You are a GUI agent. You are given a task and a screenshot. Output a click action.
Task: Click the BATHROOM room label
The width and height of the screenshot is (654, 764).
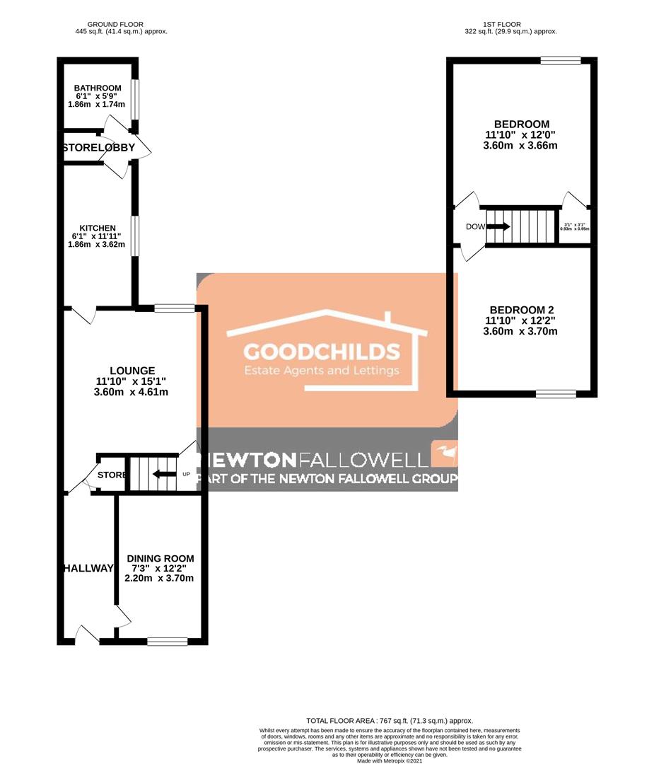pyautogui.click(x=98, y=88)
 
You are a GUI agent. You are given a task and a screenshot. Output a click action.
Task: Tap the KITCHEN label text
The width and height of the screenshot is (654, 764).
pyautogui.click(x=98, y=228)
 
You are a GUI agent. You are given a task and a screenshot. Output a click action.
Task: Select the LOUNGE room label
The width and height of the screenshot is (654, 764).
pyautogui.click(x=132, y=370)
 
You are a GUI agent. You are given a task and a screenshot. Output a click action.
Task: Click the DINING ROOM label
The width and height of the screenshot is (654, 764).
pyautogui.click(x=159, y=558)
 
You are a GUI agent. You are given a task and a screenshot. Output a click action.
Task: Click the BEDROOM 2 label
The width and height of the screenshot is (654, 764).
pyautogui.click(x=522, y=310)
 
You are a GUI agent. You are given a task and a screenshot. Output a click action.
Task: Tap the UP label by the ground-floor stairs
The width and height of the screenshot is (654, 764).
pyautogui.click(x=187, y=474)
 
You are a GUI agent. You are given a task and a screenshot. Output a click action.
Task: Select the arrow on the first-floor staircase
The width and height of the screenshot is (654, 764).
pyautogui.click(x=499, y=227)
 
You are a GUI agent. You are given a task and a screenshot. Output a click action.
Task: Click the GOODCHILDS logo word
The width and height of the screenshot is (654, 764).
pyautogui.click(x=322, y=352)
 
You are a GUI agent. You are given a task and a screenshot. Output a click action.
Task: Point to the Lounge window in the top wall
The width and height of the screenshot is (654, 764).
pyautogui.click(x=174, y=308)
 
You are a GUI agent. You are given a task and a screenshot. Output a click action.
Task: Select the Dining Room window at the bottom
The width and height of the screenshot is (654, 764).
pyautogui.click(x=168, y=642)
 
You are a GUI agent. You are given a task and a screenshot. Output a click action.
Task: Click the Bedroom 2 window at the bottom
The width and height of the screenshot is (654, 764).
pyautogui.click(x=556, y=394)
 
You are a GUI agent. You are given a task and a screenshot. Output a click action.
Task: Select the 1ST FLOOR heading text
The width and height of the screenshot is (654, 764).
pyautogui.click(x=502, y=24)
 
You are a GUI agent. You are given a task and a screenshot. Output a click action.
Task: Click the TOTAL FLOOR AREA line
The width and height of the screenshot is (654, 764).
pyautogui.click(x=390, y=720)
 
